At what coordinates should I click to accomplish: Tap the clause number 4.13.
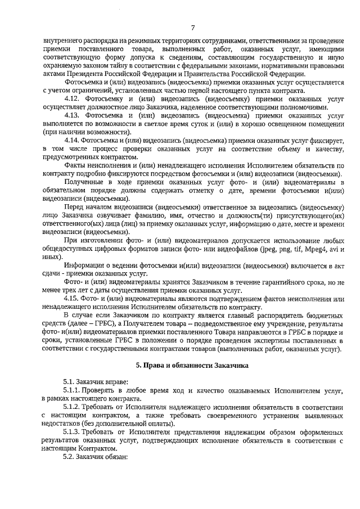(74, 115)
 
